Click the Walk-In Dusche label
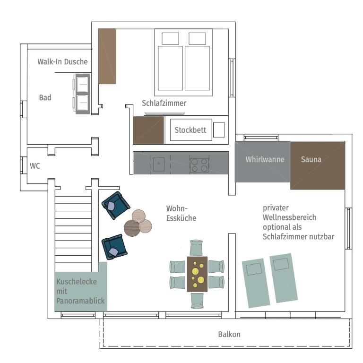point(62,61)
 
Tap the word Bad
point(45,97)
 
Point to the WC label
point(35,166)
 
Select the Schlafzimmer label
point(164,103)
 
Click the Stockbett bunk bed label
point(190,130)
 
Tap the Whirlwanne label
point(265,159)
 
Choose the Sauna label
point(311,159)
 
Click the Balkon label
point(229,334)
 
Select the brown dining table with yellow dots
point(197,274)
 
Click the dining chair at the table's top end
point(196,248)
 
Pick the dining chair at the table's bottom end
point(197,301)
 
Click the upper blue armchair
point(116,205)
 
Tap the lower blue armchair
point(114,247)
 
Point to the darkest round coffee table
point(132,228)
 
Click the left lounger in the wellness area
point(256,283)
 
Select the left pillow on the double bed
point(170,38)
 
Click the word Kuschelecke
point(77,282)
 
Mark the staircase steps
point(73,234)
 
